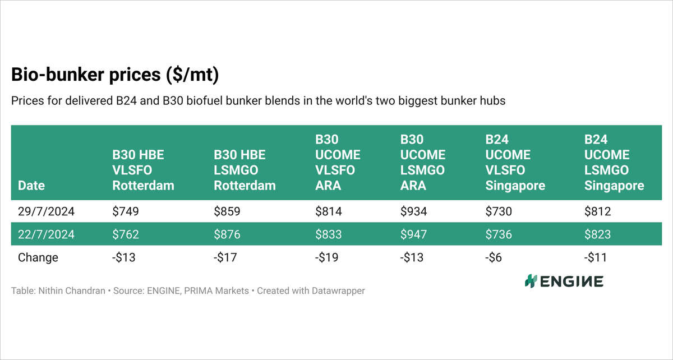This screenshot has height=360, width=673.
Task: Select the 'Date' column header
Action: (x=31, y=186)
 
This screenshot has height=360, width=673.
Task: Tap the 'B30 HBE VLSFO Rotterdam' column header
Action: (x=144, y=170)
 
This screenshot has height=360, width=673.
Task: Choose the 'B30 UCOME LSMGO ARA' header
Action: (x=423, y=162)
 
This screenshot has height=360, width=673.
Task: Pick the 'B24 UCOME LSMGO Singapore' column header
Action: (x=614, y=162)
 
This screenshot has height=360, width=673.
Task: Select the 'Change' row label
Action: (x=38, y=257)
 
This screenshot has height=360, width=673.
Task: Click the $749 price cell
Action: (x=126, y=212)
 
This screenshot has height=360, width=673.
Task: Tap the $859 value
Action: (x=227, y=212)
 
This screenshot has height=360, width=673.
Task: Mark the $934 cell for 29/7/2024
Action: (x=413, y=212)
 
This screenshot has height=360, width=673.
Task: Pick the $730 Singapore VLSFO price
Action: (x=499, y=212)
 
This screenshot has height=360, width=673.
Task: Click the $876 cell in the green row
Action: (x=227, y=234)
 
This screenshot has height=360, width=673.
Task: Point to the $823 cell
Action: (x=597, y=234)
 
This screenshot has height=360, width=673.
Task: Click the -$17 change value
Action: (x=226, y=257)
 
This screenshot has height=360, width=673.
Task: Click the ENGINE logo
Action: (x=564, y=281)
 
